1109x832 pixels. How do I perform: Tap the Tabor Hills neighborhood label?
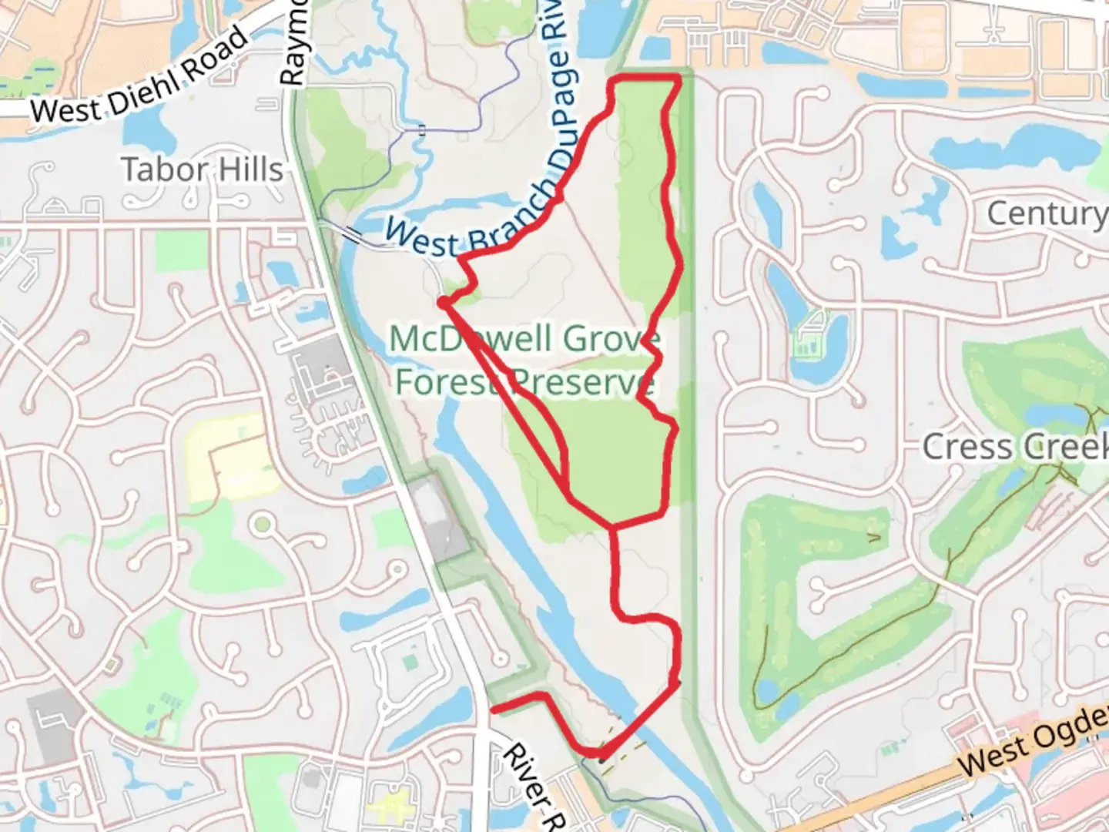coord(202,169)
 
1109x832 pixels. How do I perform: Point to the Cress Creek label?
coord(1013,447)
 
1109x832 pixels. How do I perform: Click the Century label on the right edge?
coord(1046,213)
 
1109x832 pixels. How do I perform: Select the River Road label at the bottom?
coord(531,786)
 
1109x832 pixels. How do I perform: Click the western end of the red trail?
coord(494,708)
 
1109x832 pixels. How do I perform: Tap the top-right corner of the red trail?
coord(678,78)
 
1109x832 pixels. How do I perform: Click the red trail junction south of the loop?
coord(613,528)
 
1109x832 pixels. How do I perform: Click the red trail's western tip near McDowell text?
coord(444,303)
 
